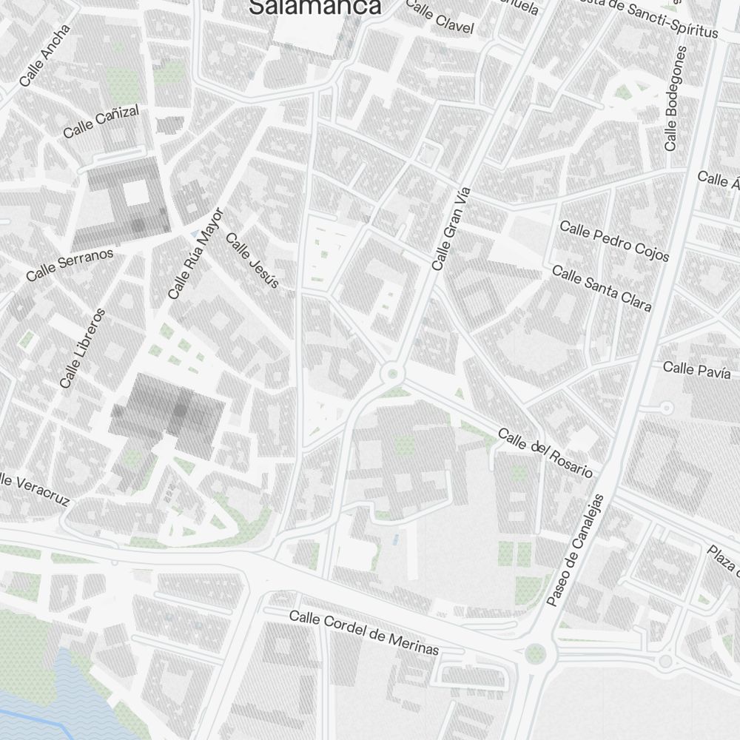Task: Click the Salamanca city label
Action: coord(315,7)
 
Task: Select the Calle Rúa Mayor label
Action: coord(195,254)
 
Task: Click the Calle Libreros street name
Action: coord(83,348)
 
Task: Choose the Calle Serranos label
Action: coord(70,264)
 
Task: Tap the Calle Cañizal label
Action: coord(101,122)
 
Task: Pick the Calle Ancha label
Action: coord(45,55)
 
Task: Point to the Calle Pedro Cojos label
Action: coord(614,240)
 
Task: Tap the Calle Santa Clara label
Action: coord(602,289)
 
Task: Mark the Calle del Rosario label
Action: coord(545,451)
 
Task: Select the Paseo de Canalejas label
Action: coord(576,550)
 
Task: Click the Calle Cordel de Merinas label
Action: coord(364,632)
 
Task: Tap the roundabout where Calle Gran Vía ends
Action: coord(391,374)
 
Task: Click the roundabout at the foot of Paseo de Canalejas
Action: coord(536,653)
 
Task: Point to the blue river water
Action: coord(44,703)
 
